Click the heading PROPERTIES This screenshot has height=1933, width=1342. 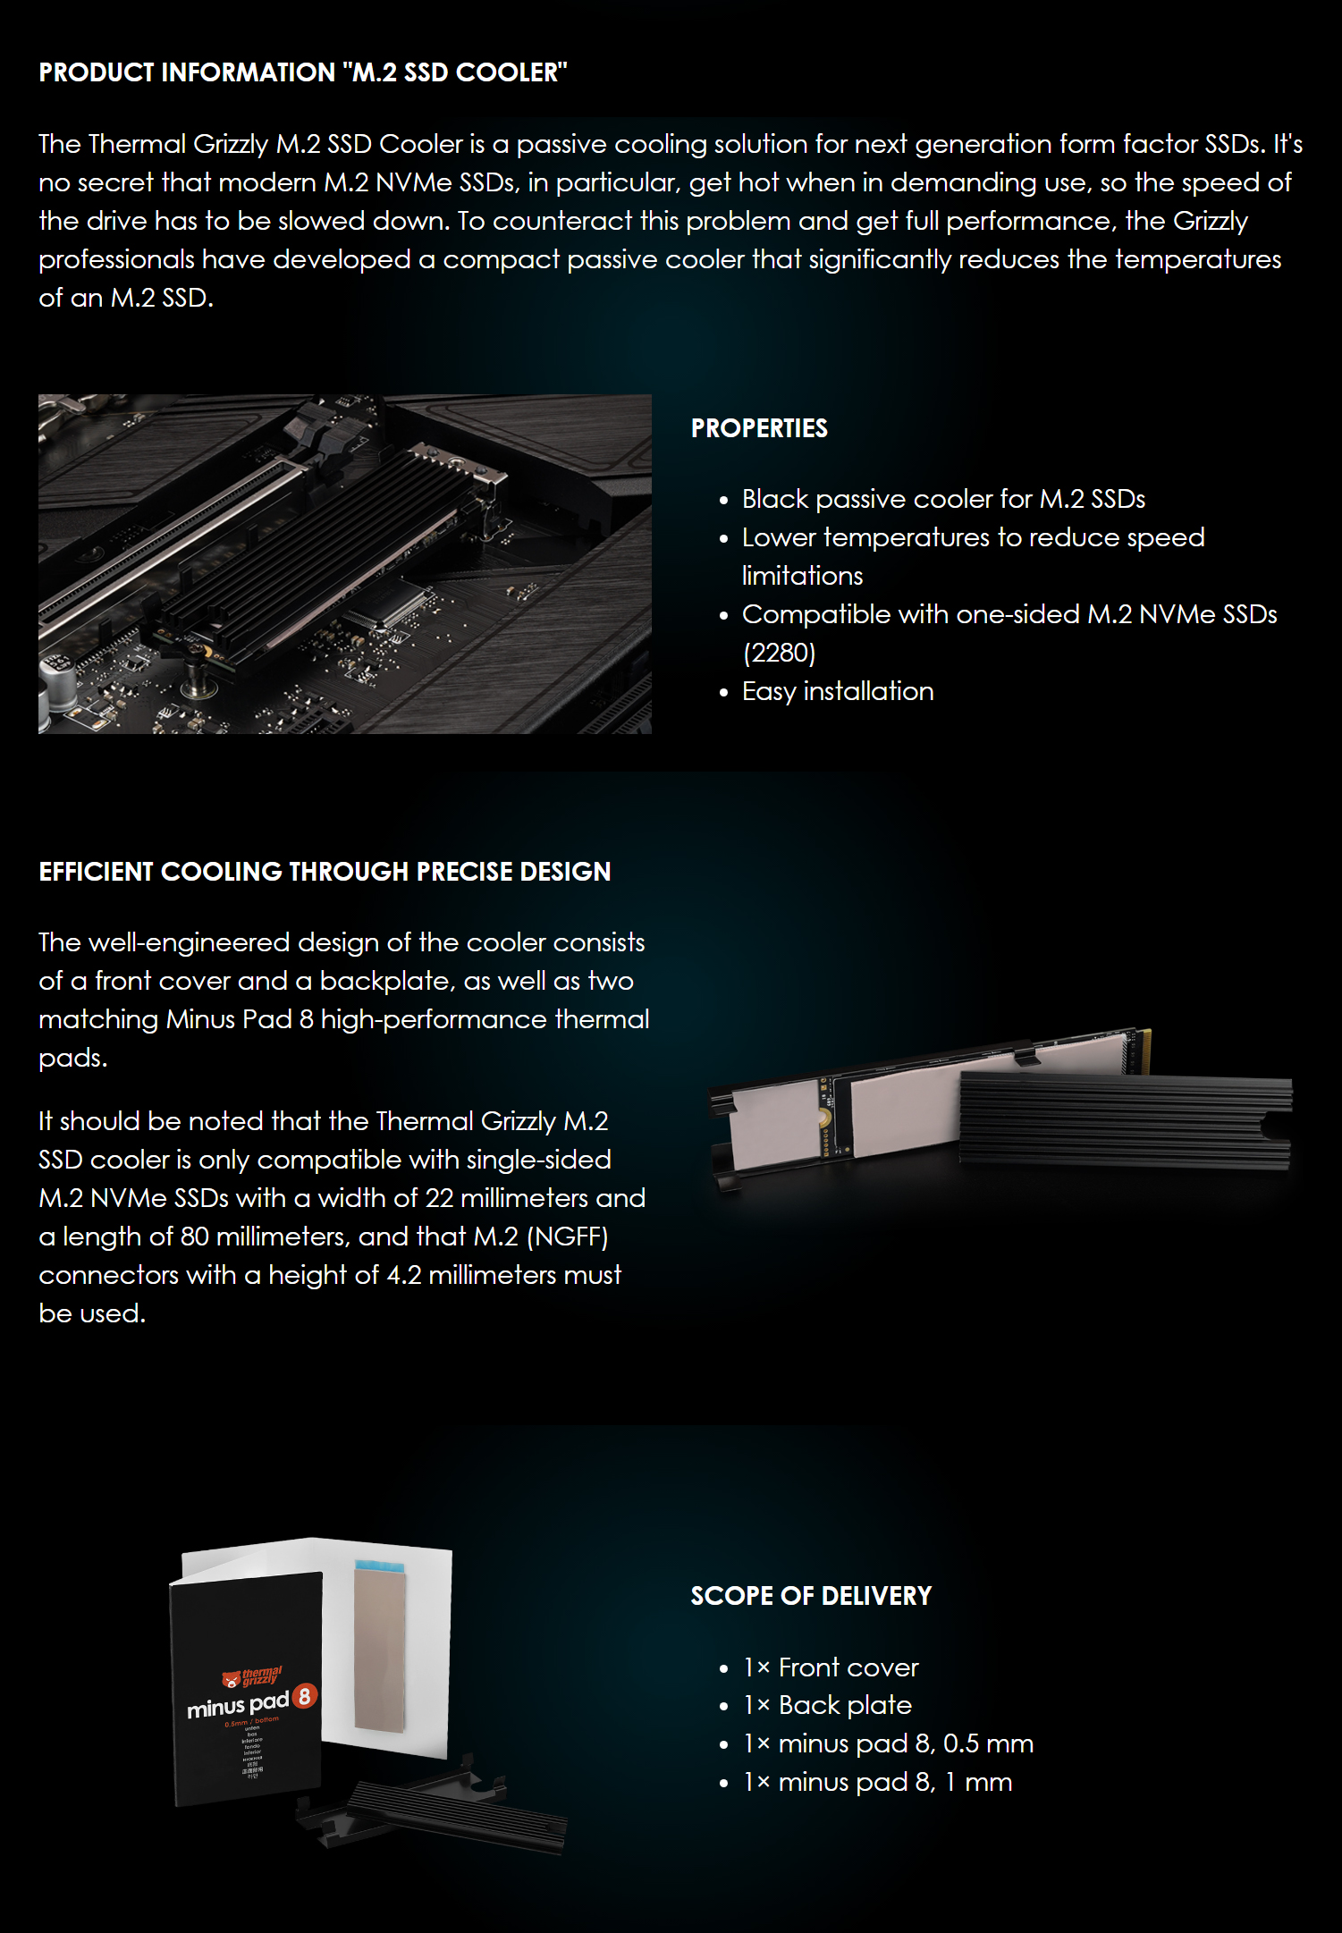759,428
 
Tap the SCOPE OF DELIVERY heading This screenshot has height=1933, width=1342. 811,1596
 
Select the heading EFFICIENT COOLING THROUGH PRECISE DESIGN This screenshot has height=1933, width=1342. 325,872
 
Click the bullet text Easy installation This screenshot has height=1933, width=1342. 838,691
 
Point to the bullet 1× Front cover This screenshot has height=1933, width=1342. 831,1667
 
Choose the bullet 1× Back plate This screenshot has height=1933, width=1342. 827,1705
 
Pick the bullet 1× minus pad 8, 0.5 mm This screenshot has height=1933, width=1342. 888,1743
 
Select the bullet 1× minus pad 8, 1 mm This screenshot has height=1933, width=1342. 877,1782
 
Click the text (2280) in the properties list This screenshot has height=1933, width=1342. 779,653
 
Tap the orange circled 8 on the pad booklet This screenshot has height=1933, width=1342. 304,1696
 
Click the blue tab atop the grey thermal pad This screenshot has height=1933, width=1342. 380,1567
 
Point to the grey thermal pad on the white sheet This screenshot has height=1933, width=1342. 380,1654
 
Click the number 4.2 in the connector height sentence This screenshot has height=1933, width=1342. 403,1275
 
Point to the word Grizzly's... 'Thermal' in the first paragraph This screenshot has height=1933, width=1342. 138,144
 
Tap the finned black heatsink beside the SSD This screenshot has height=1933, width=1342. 1125,1122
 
